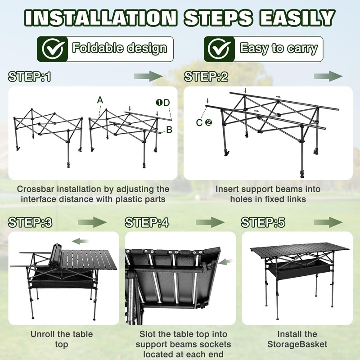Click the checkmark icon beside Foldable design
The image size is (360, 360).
point(53,49)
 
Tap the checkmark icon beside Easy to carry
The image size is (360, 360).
point(220,49)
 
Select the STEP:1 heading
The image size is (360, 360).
point(30,76)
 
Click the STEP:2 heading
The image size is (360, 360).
point(206,76)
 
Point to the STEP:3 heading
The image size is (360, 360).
point(30,222)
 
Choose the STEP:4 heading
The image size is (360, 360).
point(147,222)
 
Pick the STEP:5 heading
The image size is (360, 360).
point(263,222)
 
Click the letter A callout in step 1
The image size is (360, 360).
point(100,100)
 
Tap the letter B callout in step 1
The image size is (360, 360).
point(169,130)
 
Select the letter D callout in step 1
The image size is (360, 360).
point(167,103)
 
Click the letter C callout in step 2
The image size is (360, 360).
point(199,122)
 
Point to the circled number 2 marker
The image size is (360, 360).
point(208,122)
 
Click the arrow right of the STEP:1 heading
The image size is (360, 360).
point(148,76)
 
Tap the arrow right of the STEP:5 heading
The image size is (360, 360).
point(328,222)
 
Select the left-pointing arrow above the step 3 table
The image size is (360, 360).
point(81,241)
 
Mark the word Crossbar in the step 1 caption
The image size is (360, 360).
point(36,189)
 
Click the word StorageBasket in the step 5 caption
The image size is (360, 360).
point(297,344)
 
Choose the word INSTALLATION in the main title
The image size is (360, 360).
point(101,18)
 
